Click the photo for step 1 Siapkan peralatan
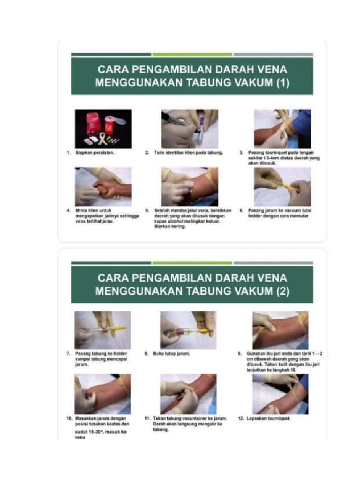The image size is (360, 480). (103, 129)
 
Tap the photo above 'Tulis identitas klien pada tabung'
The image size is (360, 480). (189, 129)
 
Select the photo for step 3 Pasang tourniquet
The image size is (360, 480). (282, 129)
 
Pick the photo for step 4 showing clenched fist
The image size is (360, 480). (103, 187)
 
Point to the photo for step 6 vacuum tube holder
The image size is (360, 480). (282, 187)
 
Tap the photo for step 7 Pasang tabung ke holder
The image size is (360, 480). (103, 330)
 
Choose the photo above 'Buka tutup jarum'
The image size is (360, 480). (188, 330)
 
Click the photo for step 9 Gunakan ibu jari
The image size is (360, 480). (280, 330)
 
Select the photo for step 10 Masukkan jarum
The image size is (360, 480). (103, 394)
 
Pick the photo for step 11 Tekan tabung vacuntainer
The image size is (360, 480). (188, 394)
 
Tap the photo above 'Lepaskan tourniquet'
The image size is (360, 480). (280, 394)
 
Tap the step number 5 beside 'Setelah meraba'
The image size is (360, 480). (147, 211)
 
